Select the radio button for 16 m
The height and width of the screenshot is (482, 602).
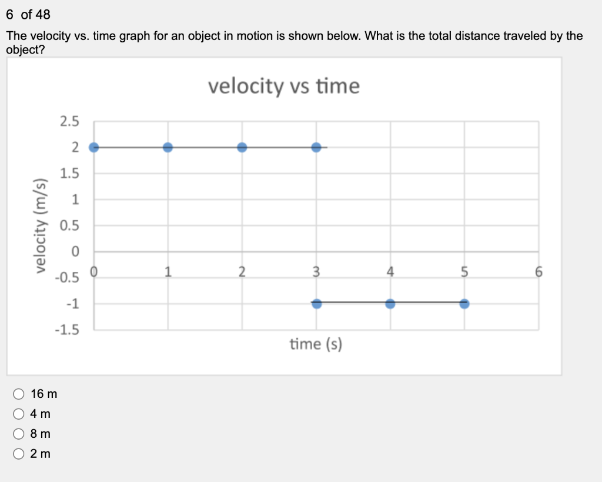18,394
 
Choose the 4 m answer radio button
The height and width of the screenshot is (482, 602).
18,414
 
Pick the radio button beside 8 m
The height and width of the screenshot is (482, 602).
18,434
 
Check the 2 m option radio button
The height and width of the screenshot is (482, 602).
18,454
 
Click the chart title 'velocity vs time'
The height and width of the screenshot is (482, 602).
284,86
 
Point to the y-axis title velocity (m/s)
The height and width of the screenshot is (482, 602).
41,226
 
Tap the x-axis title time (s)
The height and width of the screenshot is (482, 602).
316,344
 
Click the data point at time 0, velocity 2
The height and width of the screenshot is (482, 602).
93,147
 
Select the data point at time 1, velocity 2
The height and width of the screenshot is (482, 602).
168,147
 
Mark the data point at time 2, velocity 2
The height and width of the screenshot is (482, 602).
242,147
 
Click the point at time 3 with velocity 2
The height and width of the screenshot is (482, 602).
316,147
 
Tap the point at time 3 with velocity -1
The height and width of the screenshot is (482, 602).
316,304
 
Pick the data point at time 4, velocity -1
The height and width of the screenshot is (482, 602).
390,304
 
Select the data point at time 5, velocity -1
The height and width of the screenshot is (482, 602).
464,304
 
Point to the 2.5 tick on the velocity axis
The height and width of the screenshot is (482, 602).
69,121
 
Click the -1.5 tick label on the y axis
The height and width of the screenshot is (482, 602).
67,330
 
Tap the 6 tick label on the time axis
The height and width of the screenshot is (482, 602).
539,272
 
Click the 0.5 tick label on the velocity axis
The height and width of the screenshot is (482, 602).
69,225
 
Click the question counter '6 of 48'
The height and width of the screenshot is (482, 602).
28,15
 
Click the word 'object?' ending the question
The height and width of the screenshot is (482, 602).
25,50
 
